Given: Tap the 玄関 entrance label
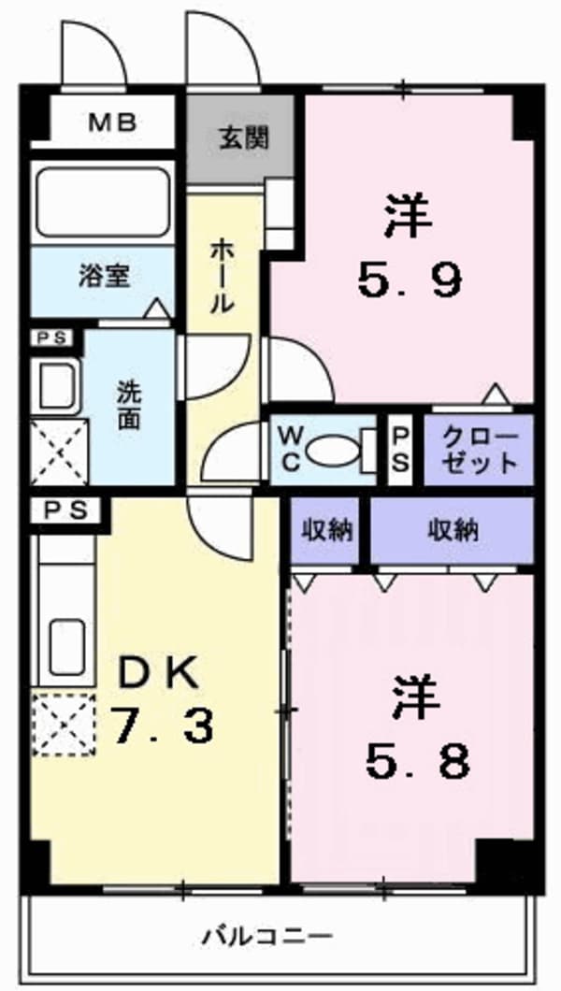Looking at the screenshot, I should click(245, 138).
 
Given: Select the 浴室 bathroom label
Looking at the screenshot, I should click(103, 276).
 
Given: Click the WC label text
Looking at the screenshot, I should click(289, 451).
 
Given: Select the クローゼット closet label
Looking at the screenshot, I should click(479, 451).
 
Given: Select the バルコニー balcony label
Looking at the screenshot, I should click(267, 934).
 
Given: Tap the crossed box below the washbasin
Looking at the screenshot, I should click(59, 452).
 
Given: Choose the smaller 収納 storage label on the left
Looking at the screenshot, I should click(325, 530).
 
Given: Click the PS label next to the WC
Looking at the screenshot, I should click(399, 451).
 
